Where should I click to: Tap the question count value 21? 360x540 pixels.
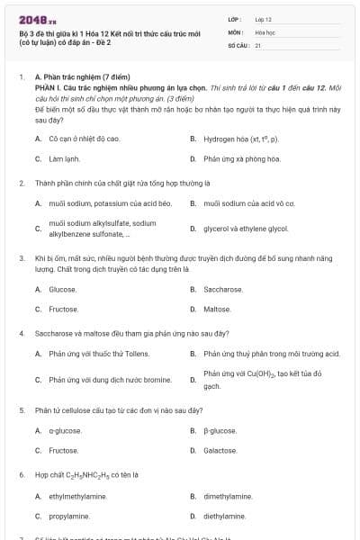(x=258, y=44)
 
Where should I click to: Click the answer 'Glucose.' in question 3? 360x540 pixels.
(x=63, y=290)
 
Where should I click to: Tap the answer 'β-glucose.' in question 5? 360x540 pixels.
(x=220, y=430)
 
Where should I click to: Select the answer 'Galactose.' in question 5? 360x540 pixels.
(x=220, y=450)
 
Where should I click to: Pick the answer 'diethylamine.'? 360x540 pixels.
(x=224, y=516)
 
